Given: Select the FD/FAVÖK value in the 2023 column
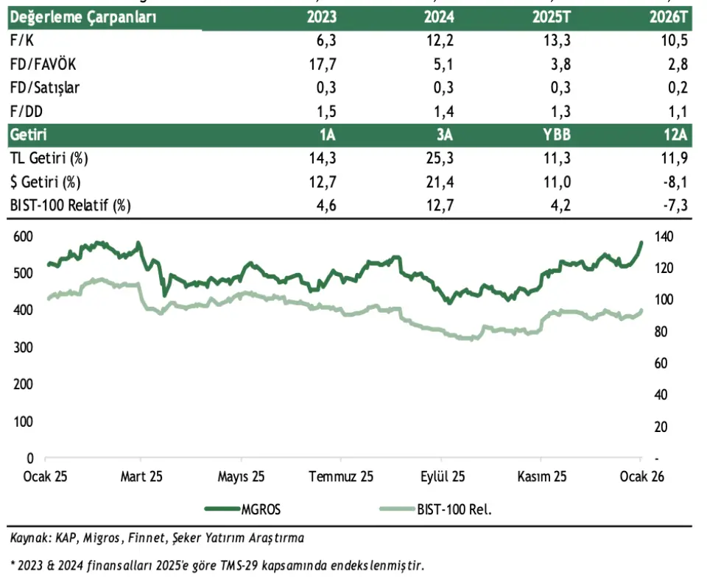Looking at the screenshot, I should coord(326,65).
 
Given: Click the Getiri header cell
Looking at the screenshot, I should coord(29,135).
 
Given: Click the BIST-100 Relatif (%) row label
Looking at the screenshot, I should coord(70,206).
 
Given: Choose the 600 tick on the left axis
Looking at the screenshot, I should coord(24,236).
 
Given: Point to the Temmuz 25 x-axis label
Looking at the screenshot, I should coord(341,476).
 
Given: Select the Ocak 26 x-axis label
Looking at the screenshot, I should coord(642,476).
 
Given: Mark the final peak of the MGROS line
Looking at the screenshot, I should coord(641,242).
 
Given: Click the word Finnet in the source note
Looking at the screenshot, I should coord(147,539).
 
